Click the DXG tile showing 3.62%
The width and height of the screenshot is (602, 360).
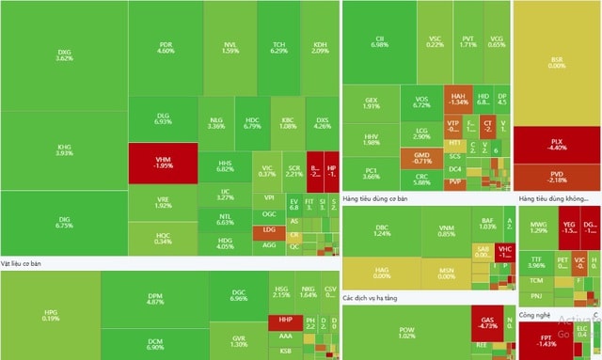click(x=64, y=55)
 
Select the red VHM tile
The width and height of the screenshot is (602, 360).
click(x=164, y=161)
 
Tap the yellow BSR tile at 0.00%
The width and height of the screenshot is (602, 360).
click(x=557, y=62)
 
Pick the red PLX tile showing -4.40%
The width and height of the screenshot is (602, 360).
click(x=557, y=144)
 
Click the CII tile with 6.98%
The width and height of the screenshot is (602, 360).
click(x=380, y=40)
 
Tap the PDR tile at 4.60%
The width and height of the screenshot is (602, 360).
click(x=166, y=47)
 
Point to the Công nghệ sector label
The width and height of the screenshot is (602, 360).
click(x=534, y=316)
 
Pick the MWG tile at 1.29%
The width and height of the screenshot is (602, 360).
click(x=538, y=227)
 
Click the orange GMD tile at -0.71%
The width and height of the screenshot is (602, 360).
click(x=421, y=157)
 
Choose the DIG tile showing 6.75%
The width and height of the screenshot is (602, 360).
click(x=64, y=222)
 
